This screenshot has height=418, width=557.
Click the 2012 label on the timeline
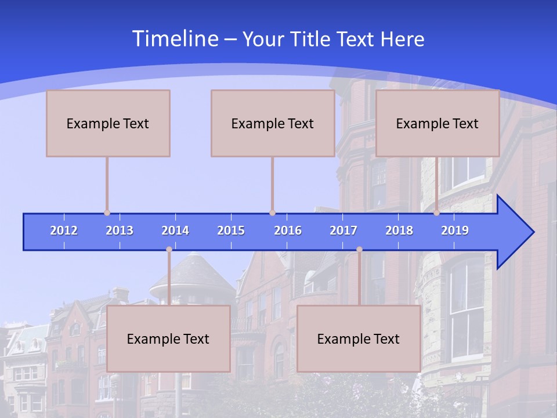coord(64,230)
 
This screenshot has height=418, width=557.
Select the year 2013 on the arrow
coord(120,230)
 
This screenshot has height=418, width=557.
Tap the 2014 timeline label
coord(175,230)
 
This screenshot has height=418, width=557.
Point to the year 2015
coord(231,230)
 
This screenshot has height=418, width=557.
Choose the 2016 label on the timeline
coord(288,230)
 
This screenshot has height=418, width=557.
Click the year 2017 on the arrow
coord(343,230)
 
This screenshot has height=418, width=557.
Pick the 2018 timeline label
coord(399,230)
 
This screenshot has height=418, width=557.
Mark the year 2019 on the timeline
coord(455,230)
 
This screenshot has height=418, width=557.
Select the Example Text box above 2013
coord(108,123)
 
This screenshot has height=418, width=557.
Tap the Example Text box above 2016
coord(273,123)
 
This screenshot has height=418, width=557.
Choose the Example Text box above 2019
coord(437,123)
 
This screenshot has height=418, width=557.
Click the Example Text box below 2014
coord(168,338)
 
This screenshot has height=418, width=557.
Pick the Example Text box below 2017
coord(359,338)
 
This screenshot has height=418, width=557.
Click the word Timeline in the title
coord(175,39)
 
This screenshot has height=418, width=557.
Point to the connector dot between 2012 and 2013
coord(107,213)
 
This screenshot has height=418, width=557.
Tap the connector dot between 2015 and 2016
coord(272,213)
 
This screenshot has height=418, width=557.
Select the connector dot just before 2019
coord(436,213)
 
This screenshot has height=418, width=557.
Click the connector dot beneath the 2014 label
coord(169,250)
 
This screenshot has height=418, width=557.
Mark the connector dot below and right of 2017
coord(359,250)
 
